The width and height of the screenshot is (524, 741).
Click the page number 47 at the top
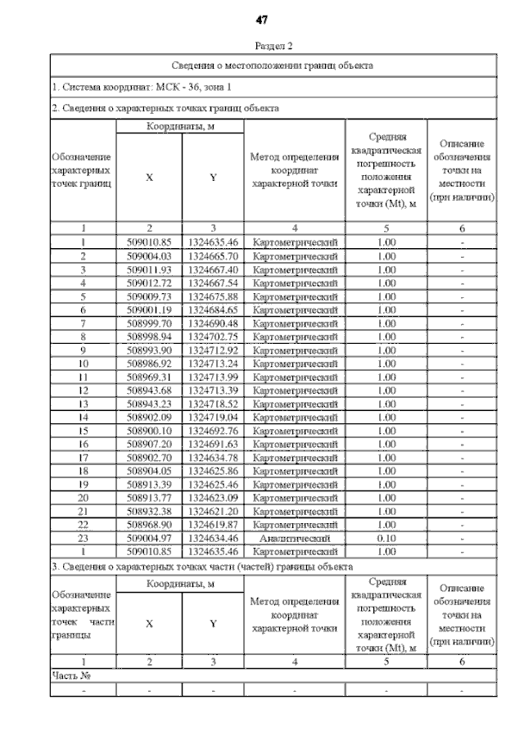point(262,19)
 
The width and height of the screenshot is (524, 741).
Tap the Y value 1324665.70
point(212,255)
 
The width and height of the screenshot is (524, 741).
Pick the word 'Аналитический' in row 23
point(295,538)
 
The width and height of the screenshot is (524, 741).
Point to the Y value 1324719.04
point(212,416)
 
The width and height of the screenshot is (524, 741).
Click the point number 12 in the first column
point(83,389)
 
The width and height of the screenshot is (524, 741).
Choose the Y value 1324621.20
point(212,511)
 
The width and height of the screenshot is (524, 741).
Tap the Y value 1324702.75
point(212,336)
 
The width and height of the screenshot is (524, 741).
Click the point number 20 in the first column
point(83,497)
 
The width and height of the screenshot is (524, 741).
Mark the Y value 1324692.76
point(212,430)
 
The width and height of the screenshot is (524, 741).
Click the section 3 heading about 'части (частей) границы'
point(201,566)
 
